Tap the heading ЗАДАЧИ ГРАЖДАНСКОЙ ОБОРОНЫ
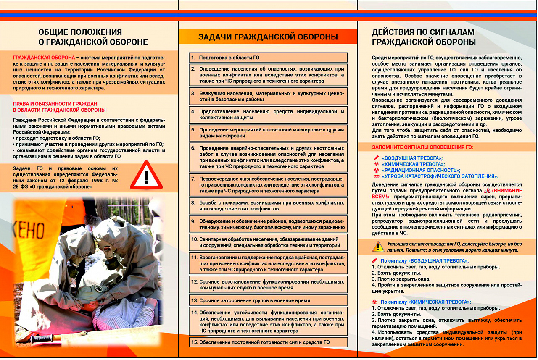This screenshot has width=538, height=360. [268, 37]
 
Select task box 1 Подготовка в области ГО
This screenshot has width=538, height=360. [268, 58]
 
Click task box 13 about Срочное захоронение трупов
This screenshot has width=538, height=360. [268, 300]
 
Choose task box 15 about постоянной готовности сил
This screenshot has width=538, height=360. [268, 342]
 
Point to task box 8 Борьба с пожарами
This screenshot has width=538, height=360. [268, 205]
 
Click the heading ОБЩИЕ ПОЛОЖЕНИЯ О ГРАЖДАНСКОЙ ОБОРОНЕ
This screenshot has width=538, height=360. [93, 37]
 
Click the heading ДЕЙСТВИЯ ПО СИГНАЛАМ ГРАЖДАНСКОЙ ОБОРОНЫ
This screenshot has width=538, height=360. [424, 37]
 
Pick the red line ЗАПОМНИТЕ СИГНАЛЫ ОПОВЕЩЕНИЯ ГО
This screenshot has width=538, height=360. [422, 147]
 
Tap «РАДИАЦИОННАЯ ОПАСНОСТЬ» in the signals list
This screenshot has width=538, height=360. [421, 170]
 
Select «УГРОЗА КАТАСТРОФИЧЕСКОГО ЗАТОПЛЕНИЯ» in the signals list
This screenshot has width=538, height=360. [440, 176]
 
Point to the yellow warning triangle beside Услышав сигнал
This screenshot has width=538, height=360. [378, 247]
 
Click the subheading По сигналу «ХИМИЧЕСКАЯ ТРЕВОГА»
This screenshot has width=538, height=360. [425, 302]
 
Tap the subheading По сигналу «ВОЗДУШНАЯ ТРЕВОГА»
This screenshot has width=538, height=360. [425, 261]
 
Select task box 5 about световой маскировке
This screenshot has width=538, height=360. [268, 133]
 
